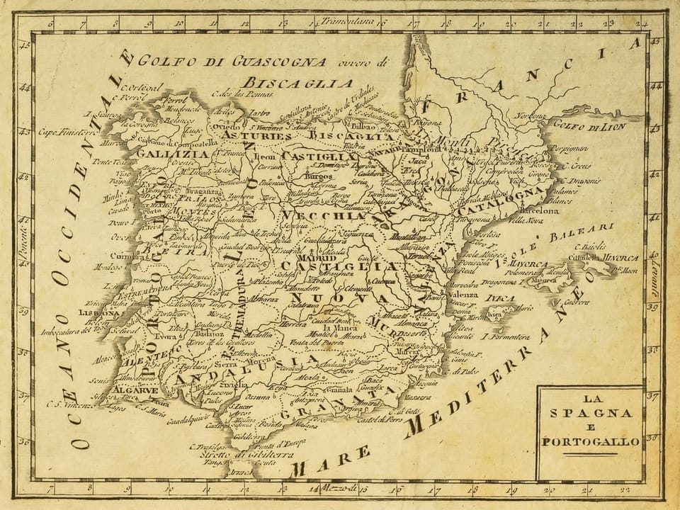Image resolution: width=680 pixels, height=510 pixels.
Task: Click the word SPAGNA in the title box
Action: pyautogui.click(x=590, y=414)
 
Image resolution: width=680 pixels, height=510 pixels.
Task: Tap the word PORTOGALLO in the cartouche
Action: pyautogui.click(x=591, y=442)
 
